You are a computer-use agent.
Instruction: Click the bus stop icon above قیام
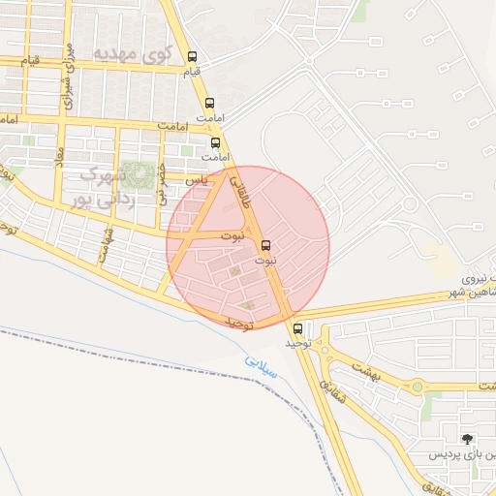pos(192,56)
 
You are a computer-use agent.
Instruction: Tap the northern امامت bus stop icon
pos(210,103)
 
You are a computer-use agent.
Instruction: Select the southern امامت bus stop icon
pos(216,141)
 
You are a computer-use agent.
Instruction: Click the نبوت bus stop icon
pos(266,246)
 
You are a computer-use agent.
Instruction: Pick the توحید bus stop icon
pos(297,328)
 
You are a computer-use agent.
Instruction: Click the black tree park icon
pos(469,439)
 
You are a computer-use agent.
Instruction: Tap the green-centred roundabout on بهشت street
pos(418,387)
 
